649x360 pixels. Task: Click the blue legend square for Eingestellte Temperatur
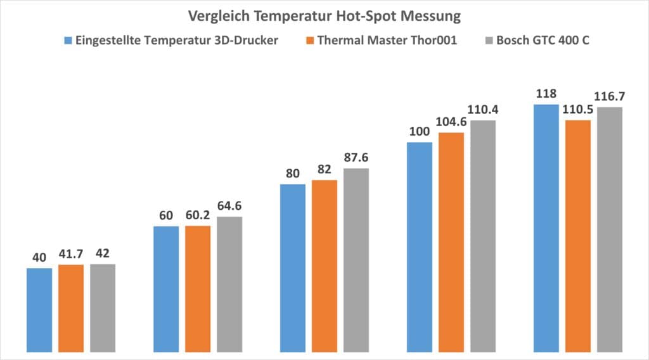tap(68, 41)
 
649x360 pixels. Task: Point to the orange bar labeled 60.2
tap(198, 288)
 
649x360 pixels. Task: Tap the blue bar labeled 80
tap(293, 267)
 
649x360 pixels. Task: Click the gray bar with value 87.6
tap(356, 259)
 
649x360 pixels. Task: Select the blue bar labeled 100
tap(419, 247)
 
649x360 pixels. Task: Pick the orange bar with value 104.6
tap(451, 241)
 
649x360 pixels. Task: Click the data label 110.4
tap(482, 110)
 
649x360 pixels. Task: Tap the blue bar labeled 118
tap(546, 228)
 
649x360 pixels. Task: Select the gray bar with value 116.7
tap(609, 229)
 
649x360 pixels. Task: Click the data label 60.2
tap(198, 215)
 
